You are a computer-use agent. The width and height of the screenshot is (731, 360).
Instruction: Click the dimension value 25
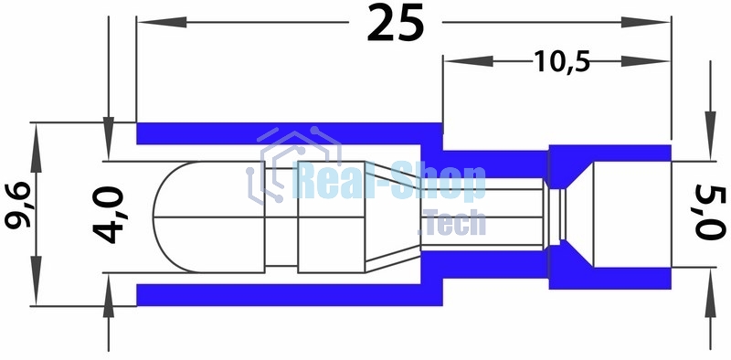396,25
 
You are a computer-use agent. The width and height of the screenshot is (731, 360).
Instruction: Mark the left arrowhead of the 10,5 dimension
455,61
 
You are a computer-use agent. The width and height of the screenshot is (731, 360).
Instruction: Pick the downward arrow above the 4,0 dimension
109,131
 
